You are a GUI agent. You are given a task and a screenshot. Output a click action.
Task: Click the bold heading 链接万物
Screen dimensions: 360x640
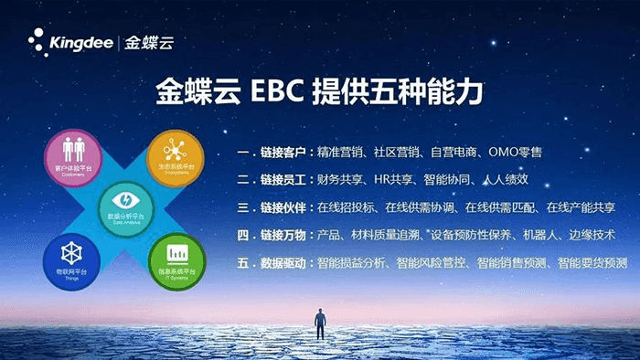[x=281, y=236]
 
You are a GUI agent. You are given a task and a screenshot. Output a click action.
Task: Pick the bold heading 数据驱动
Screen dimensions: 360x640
[x=281, y=263]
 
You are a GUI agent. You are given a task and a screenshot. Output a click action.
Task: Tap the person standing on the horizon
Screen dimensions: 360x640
[x=320, y=326]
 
